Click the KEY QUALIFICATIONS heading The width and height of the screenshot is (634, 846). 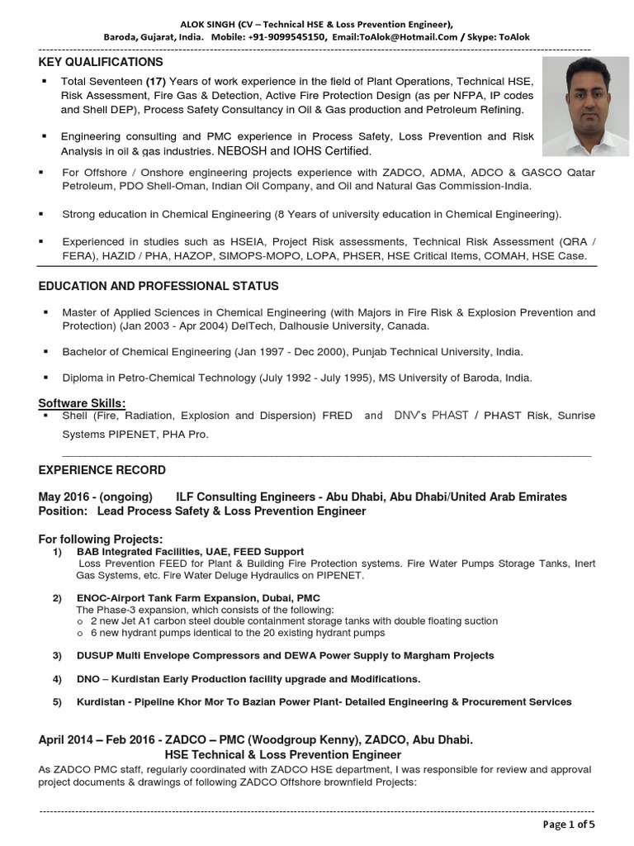[101, 62]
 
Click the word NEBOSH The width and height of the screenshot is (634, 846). [241, 151]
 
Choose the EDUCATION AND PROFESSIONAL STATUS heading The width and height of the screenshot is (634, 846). [158, 286]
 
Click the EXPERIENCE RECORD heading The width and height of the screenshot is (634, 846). [102, 470]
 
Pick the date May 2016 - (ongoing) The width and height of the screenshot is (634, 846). [95, 497]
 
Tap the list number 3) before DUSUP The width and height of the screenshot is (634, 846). [58, 655]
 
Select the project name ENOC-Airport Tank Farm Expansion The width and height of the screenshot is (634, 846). [187, 597]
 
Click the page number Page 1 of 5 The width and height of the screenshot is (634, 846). [568, 824]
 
